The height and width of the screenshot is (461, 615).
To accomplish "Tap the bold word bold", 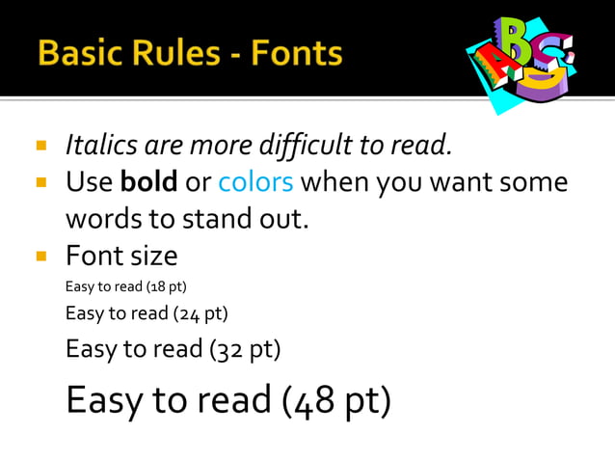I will (x=149, y=181).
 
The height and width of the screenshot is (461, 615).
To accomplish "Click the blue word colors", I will (x=255, y=181).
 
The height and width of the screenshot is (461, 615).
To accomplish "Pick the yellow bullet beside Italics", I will (x=41, y=147).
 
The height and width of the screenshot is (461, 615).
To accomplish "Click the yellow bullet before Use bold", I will (x=41, y=181).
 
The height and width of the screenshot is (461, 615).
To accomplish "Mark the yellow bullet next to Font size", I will (x=41, y=256).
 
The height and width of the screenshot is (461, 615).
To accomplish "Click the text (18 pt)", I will (x=165, y=286).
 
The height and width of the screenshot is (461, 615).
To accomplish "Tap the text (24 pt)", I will (x=200, y=313).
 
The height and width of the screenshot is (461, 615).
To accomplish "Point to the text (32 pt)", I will (x=245, y=348).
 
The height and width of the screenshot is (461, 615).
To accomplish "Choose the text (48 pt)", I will (x=336, y=398).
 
